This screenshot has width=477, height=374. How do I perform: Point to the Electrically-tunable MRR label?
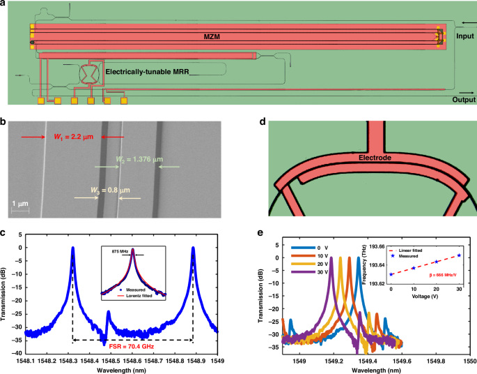[148, 71]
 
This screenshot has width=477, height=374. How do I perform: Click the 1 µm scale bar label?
[19, 202]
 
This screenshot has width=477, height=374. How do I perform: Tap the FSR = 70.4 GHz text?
[133, 347]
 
